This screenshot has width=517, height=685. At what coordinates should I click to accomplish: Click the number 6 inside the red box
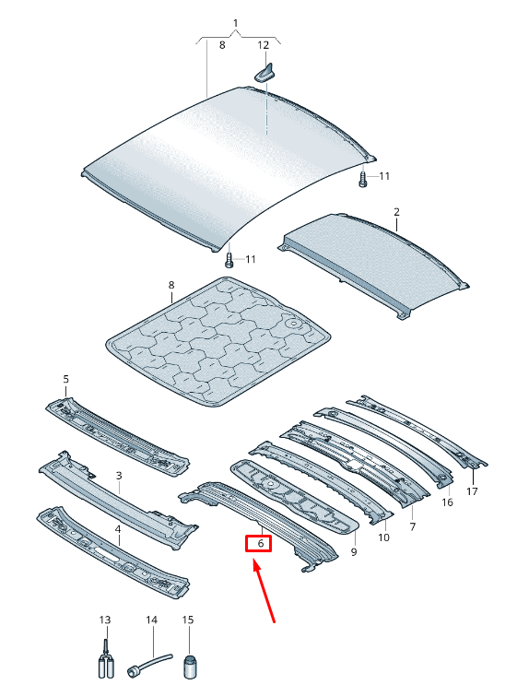click(x=261, y=543)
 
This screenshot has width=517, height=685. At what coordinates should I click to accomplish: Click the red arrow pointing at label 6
click(x=264, y=591)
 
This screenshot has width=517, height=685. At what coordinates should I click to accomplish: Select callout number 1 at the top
click(x=236, y=23)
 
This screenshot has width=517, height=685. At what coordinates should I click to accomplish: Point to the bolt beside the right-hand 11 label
click(x=362, y=179)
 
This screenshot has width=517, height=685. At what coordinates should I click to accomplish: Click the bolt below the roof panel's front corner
click(x=229, y=260)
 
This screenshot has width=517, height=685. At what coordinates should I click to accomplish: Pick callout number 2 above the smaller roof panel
click(x=396, y=212)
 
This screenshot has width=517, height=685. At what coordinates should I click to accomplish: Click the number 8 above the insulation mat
click(x=171, y=285)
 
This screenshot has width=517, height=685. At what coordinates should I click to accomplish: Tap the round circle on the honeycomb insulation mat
click(x=294, y=325)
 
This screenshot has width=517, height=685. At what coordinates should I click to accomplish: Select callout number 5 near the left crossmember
click(x=66, y=378)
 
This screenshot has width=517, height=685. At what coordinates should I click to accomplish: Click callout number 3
click(x=119, y=476)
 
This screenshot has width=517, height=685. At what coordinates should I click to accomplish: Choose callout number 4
click(x=117, y=529)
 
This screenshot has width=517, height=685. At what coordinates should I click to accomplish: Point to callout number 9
click(x=354, y=551)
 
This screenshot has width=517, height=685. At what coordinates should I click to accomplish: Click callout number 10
click(x=383, y=537)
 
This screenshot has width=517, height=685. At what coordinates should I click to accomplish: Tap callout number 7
click(x=413, y=526)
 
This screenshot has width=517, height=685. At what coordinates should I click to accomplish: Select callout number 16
click(x=447, y=502)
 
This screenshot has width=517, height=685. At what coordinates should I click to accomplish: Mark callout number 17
click(x=472, y=491)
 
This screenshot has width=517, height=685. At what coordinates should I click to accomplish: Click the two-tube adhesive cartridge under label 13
click(x=105, y=660)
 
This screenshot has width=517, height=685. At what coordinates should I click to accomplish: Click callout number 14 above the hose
click(x=151, y=620)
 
